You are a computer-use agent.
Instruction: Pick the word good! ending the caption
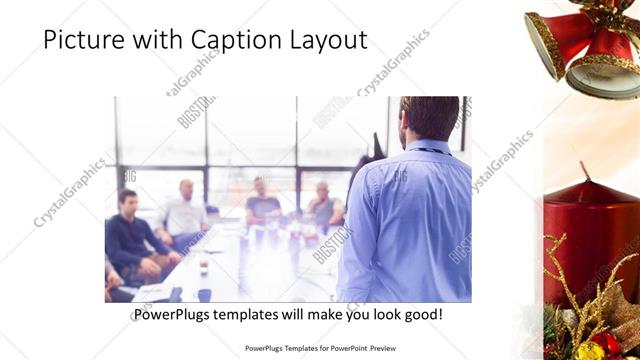422,314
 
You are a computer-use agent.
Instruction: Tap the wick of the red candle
583,171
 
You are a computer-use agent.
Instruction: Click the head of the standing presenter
429,118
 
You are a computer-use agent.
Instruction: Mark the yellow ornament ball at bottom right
589,347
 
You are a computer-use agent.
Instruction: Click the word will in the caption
310,314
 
